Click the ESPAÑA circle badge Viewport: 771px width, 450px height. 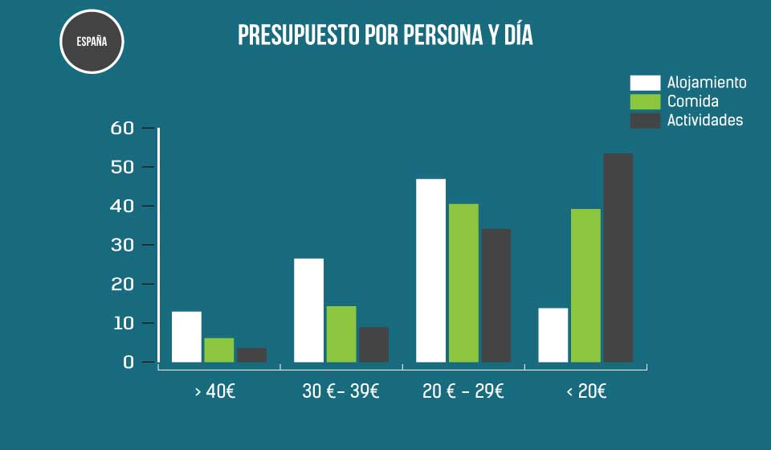92,42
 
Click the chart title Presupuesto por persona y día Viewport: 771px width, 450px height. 385,36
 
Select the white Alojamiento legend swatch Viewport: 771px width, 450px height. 645,83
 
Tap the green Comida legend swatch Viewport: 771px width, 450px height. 645,101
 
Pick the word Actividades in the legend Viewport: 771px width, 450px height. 705,121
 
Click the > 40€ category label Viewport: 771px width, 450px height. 218,392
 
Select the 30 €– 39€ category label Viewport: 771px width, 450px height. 341,392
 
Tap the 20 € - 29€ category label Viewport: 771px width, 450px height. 463,392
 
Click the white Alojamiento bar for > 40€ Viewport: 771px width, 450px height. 186,337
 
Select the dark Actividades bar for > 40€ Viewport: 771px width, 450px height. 251,354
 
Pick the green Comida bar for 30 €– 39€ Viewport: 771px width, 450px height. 341,334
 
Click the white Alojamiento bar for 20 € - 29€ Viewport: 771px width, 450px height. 430,271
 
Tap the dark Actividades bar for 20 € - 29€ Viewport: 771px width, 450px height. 496,296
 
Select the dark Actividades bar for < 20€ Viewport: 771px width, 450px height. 618,258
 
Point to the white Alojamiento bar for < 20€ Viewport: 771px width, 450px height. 553,335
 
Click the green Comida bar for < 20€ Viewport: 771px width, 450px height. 585,285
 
